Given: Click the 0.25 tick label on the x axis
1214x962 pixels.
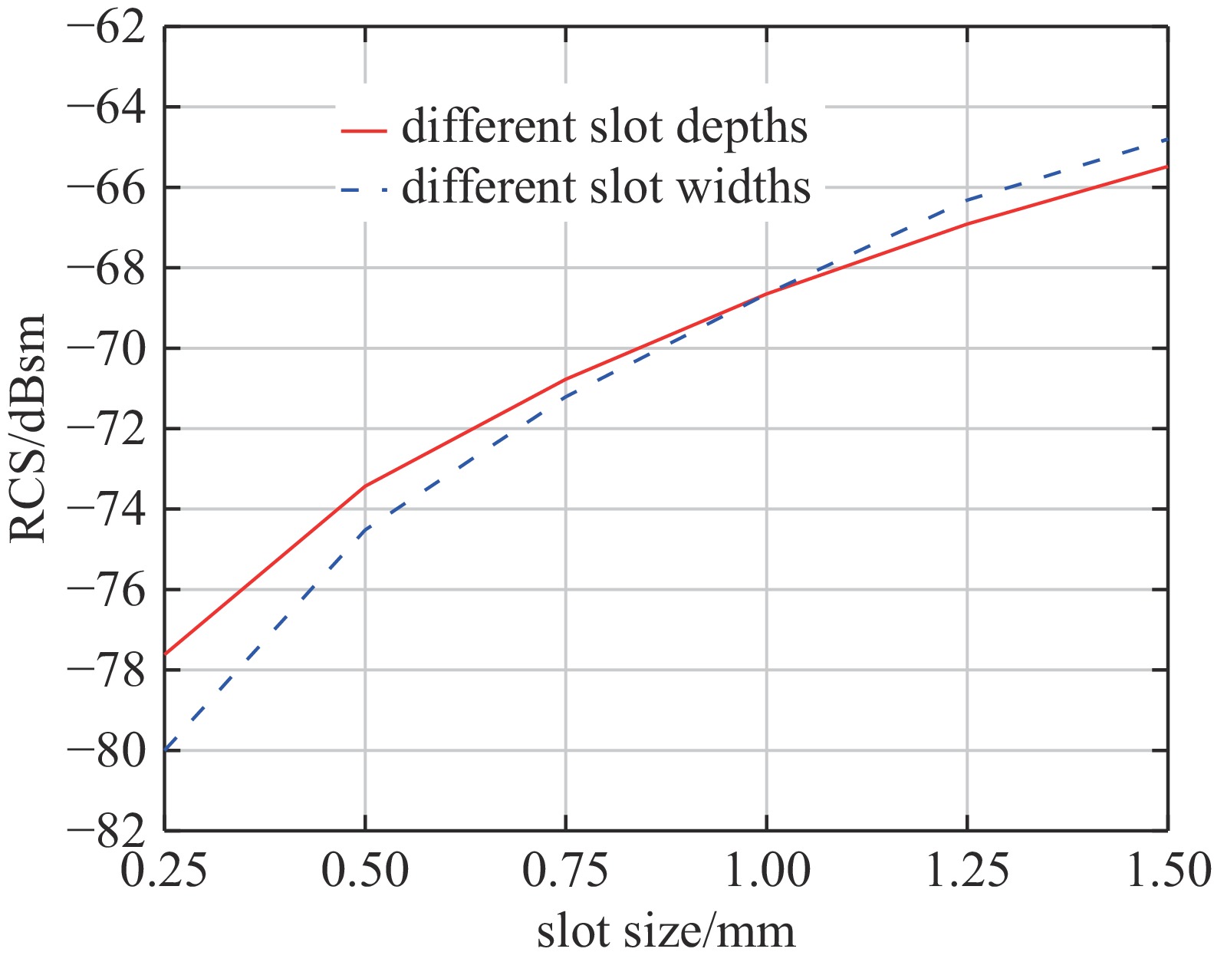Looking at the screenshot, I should pos(164,872).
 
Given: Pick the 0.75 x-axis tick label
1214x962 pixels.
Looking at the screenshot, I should pos(565,872).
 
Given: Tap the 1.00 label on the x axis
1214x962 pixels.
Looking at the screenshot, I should pos(766,872).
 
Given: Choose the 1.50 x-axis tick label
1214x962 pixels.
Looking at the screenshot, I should pos(1168,872).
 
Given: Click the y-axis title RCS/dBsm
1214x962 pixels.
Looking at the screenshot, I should pos(28,428).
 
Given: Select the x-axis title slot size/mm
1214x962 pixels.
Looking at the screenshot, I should pos(666,931).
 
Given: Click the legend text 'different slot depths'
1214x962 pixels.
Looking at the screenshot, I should pos(604,127).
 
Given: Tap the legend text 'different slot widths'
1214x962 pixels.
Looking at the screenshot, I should pos(606,186).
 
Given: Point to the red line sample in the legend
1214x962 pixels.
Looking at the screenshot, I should pos(364,130).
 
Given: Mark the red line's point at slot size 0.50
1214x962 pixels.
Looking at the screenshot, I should pos(365,486).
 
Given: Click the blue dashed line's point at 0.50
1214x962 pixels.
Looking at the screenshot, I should pos(365,530).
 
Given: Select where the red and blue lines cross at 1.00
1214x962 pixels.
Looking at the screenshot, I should pos(766,294).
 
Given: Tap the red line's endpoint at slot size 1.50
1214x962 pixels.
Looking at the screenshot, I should pos(1167,166).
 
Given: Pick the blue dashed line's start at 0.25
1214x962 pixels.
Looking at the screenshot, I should pos(166,750).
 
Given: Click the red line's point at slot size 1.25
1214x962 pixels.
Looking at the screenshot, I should pos(967,223).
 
